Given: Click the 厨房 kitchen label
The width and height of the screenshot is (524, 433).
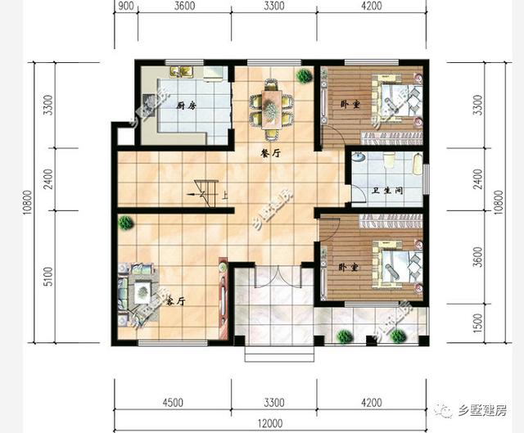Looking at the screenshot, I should [186, 106].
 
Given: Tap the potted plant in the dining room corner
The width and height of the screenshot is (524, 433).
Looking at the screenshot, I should [304, 76].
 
